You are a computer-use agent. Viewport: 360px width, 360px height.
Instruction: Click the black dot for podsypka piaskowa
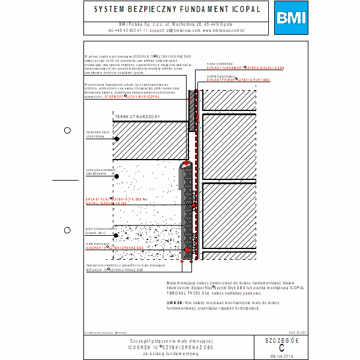pos(116,176)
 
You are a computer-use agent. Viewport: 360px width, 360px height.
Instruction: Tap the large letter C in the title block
pos(282,348)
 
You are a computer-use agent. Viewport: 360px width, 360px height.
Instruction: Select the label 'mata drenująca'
pos(97,244)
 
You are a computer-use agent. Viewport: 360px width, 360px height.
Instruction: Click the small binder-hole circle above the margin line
pos(67,130)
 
